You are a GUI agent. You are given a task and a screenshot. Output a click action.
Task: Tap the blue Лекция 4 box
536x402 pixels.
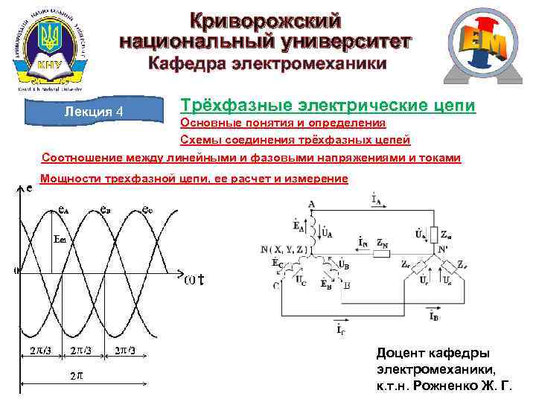pos(93,111)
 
